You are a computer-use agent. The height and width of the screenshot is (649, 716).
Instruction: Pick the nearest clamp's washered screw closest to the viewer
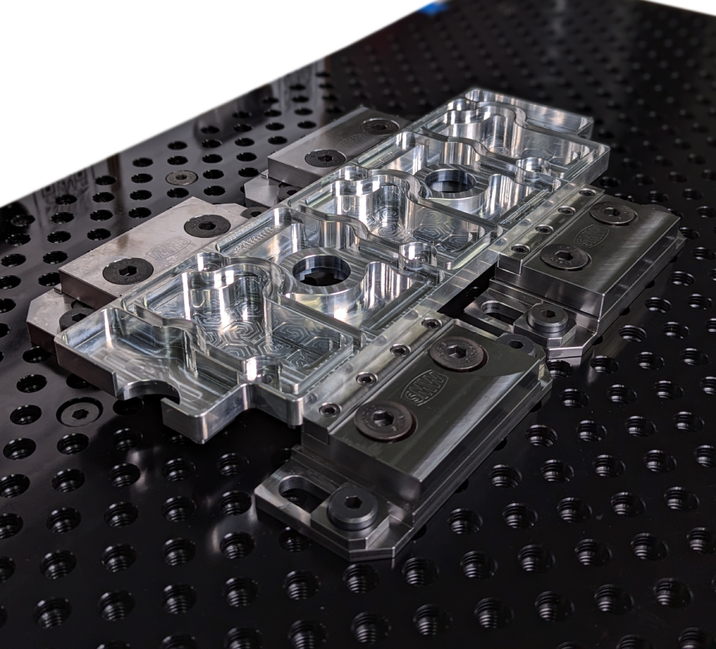click(x=385, y=420)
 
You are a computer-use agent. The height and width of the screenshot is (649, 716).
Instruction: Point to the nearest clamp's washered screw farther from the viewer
click(x=458, y=354)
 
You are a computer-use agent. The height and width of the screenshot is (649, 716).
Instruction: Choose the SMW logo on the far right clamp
click(x=592, y=236)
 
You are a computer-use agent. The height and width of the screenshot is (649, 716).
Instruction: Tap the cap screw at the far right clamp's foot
click(x=548, y=317)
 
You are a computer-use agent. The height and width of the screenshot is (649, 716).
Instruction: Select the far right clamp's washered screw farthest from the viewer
click(x=614, y=213)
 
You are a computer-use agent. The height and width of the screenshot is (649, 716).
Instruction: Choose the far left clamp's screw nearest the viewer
click(x=325, y=157)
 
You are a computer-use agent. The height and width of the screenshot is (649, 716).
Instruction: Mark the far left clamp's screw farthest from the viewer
click(x=380, y=126)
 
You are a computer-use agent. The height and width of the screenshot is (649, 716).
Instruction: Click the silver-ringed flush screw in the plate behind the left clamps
click(x=181, y=177)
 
